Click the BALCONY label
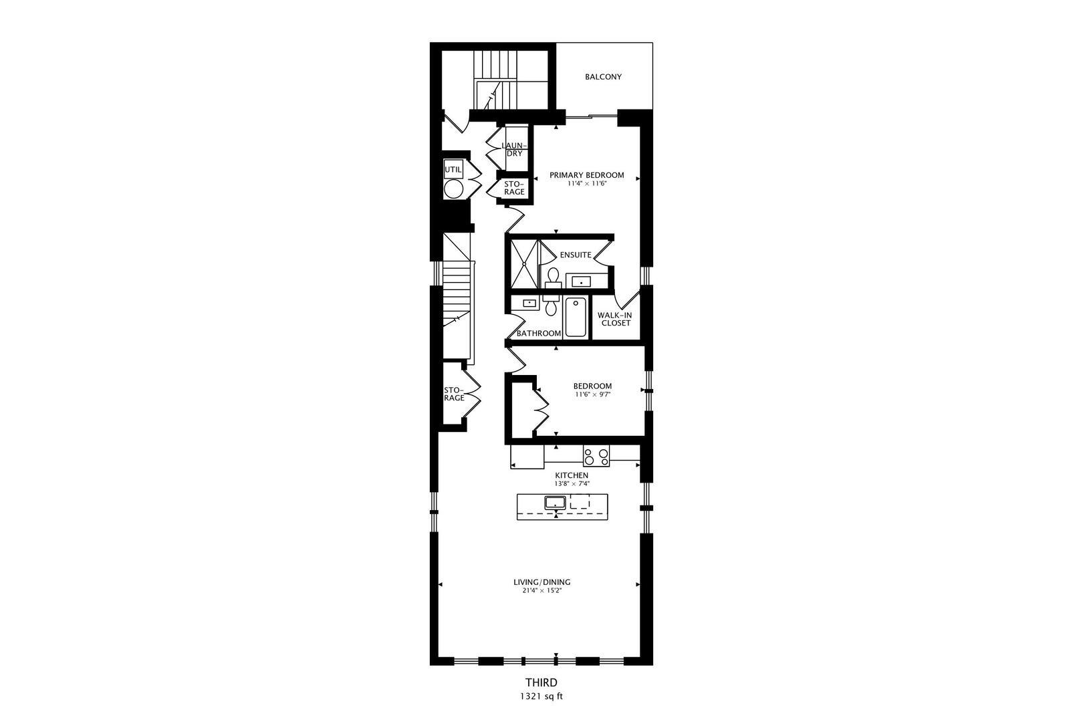[603, 77]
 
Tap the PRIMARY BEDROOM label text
[586, 175]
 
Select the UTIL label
[453, 170]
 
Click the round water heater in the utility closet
[453, 189]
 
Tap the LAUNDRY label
[514, 149]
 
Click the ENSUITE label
[575, 255]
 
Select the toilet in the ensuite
[553, 275]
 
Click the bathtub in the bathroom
[575, 318]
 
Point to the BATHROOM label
[538, 333]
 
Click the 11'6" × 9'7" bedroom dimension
[592, 394]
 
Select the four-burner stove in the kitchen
[596, 457]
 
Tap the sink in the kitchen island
[556, 502]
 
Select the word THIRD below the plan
[541, 683]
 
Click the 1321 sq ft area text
[541, 696]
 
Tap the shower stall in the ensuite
[524, 263]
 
